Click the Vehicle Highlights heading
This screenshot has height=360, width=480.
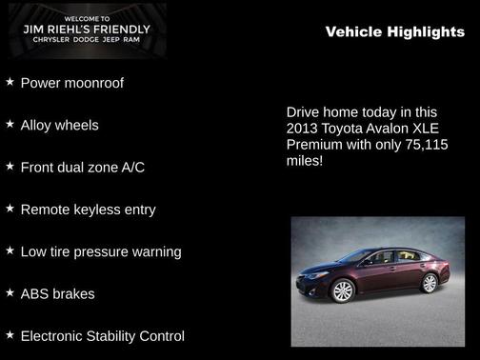[x=394, y=31]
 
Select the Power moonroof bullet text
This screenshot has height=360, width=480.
[x=71, y=83]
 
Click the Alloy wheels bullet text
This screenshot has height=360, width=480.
[x=59, y=125]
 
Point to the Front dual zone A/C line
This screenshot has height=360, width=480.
[x=82, y=167]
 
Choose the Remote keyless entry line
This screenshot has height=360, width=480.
[x=88, y=209]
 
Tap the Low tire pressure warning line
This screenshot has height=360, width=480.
[x=100, y=251]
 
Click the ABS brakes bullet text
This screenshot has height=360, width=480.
[x=57, y=293]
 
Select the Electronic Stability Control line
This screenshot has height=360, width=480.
[x=102, y=335]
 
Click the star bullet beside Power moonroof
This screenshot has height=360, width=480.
[x=10, y=82]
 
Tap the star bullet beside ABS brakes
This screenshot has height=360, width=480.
[x=10, y=292]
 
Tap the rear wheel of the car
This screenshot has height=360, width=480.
[x=429, y=283]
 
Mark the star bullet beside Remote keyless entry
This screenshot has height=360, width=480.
[x=10, y=208]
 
